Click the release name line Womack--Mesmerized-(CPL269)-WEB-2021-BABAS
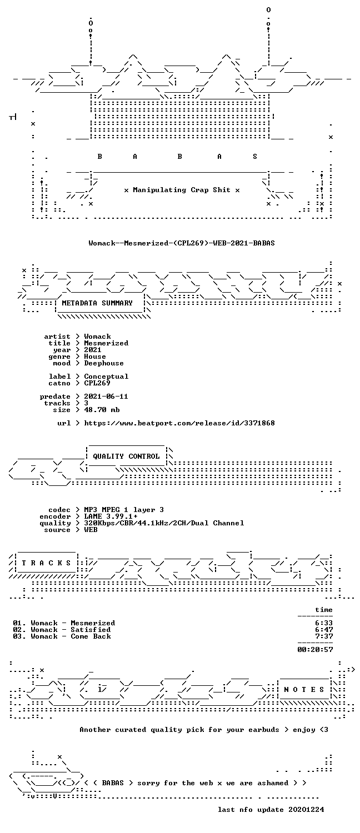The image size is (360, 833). (x=182, y=243)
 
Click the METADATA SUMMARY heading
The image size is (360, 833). (x=97, y=303)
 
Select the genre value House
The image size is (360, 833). (x=95, y=357)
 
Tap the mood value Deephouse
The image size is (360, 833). (x=104, y=363)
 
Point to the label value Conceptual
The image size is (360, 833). (x=106, y=377)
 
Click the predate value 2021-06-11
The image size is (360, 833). (x=106, y=397)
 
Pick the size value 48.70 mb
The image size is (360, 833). (x=102, y=410)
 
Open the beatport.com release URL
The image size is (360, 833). (x=179, y=423)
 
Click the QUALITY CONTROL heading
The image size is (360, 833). (x=126, y=456)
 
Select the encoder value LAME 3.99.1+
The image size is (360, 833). (x=111, y=516)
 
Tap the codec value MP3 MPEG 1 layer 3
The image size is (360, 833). (x=124, y=510)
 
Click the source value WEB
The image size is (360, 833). (x=91, y=530)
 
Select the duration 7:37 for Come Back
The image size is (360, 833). (x=324, y=636)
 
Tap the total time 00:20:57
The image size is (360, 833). (x=315, y=650)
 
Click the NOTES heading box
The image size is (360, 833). (x=304, y=690)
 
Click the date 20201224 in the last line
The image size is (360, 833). (x=306, y=810)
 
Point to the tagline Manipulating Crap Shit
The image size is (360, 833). (x=182, y=190)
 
